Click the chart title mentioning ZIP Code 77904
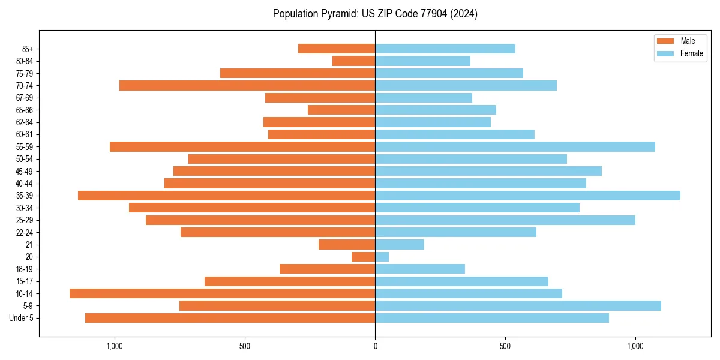click(375, 14)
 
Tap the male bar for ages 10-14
click(222, 293)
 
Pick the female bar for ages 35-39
click(527, 196)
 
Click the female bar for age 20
click(382, 257)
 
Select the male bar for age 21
click(347, 245)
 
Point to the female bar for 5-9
click(518, 306)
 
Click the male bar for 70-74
click(247, 86)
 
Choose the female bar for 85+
click(445, 49)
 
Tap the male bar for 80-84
click(354, 61)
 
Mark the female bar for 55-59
click(515, 147)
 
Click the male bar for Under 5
click(230, 318)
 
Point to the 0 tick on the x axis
click(375, 346)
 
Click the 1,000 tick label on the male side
click(114, 346)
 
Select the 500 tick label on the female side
click(505, 346)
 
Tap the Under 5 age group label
click(21, 318)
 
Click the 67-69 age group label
click(25, 98)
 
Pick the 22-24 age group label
click(25, 233)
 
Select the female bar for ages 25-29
click(505, 220)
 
